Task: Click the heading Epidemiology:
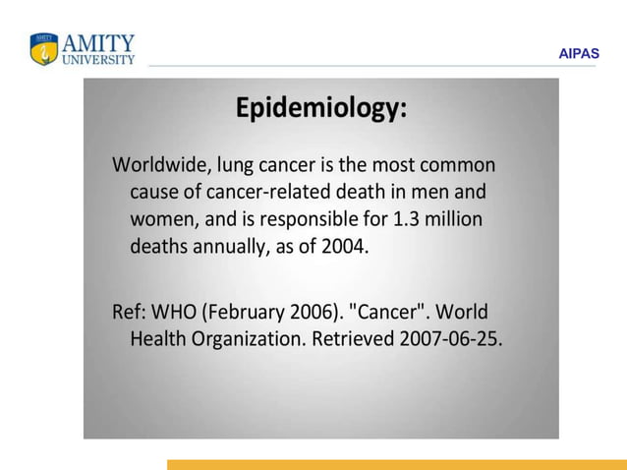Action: click(320, 108)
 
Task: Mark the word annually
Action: click(227, 247)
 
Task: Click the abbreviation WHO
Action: click(175, 313)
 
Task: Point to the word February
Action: click(246, 313)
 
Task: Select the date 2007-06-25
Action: click(450, 340)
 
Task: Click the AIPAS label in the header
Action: click(578, 54)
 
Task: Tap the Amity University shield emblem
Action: click(44, 49)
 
